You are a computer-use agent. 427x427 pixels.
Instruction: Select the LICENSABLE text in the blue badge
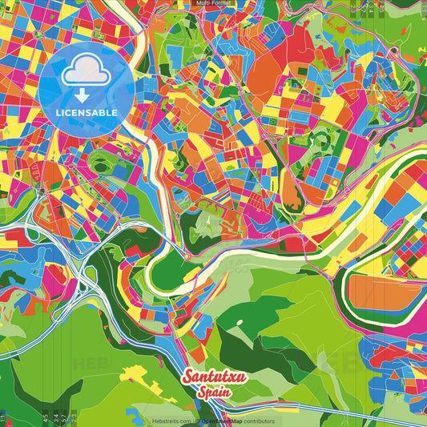pyautogui.click(x=86, y=111)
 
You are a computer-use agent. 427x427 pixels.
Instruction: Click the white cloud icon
pyautogui.click(x=86, y=72)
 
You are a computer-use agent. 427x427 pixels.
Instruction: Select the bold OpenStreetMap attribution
pyautogui.click(x=224, y=421)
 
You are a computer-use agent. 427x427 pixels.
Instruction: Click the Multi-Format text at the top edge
pyautogui.click(x=213, y=3)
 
